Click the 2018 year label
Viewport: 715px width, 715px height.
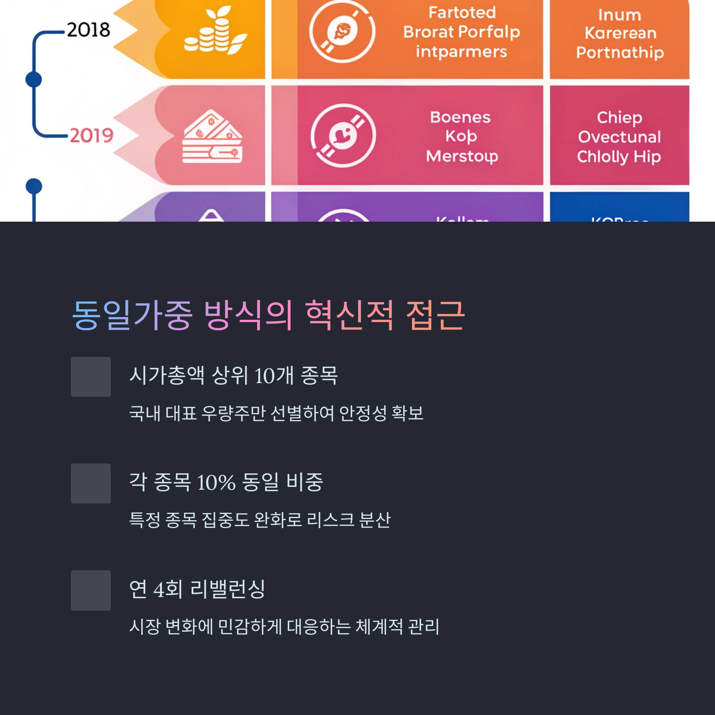(88, 29)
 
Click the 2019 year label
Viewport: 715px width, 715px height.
(91, 136)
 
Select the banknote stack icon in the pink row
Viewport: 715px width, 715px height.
(212, 137)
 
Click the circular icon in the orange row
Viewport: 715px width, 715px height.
(342, 32)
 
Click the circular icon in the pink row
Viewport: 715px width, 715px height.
(343, 136)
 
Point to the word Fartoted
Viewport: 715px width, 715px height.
(462, 13)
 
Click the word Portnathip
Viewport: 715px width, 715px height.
(620, 52)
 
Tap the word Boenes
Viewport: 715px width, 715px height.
(460, 117)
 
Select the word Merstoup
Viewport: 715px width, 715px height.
(462, 156)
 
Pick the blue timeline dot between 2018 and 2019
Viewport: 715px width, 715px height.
(34, 80)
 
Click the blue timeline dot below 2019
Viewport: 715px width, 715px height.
(34, 186)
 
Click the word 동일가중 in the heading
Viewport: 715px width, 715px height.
(132, 315)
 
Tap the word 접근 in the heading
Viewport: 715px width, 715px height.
(435, 315)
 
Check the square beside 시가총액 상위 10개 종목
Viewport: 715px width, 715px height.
(91, 377)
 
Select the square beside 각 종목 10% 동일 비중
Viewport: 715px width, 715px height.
(91, 483)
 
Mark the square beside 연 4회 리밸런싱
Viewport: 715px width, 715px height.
(91, 590)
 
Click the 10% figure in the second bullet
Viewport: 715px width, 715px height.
(216, 483)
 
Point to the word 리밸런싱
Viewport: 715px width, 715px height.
(228, 589)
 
